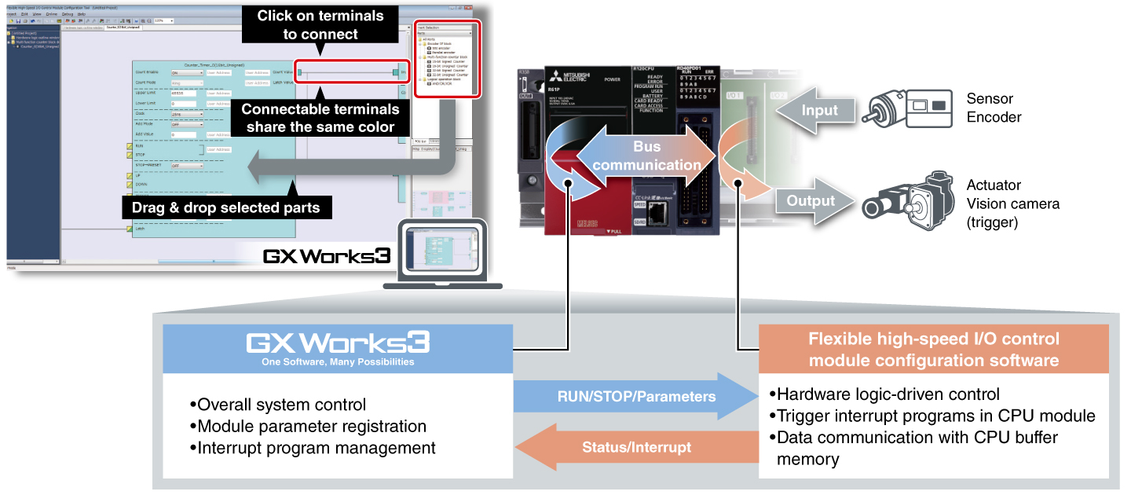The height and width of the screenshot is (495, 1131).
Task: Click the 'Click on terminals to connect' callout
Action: click(320, 25)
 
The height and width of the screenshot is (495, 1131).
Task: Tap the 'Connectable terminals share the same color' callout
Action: click(320, 118)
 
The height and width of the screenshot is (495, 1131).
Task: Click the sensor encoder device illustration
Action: click(910, 111)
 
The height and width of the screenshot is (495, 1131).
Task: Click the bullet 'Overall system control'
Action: click(278, 405)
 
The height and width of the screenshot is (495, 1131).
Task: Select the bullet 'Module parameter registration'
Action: click(308, 427)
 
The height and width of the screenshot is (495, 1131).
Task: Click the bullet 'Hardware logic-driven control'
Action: click(884, 394)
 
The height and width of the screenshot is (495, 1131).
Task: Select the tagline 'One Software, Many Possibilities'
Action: click(338, 362)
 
